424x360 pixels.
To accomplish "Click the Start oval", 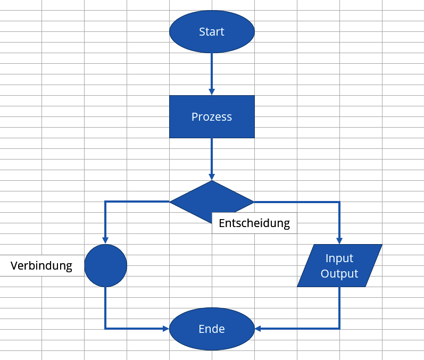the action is click(212, 31).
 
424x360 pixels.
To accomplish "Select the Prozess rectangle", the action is click(212, 117).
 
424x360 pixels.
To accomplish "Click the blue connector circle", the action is click(105, 265).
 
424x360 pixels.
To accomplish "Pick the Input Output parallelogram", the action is click(339, 265).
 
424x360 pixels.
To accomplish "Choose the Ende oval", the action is click(212, 329).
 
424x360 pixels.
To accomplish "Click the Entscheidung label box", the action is click(254, 223).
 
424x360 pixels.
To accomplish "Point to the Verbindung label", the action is click(41, 266).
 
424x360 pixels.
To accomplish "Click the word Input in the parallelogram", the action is click(339, 258).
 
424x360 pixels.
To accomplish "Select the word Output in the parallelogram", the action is click(339, 273).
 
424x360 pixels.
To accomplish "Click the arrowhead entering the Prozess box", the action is click(212, 92).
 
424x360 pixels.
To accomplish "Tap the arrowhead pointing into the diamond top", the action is click(212, 177).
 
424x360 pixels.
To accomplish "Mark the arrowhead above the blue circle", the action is click(105, 241).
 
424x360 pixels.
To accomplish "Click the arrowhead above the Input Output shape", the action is click(339, 241).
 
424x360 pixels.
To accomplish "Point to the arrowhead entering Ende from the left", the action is click(166, 329).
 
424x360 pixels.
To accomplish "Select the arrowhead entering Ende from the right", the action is click(258, 329).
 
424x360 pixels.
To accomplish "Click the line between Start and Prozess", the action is click(212, 71).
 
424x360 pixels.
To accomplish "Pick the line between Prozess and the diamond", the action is click(212, 156).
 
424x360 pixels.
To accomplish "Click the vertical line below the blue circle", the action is click(105, 307).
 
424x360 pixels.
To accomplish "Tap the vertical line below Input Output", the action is click(339, 307).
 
